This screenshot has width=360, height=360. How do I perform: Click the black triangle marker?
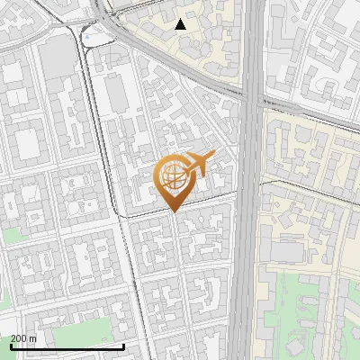[181, 24]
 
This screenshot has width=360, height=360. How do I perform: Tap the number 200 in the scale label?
[19, 338]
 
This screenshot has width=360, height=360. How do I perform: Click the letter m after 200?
[32, 338]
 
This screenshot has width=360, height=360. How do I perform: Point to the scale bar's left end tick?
[11, 346]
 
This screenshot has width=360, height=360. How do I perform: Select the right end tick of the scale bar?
[124, 346]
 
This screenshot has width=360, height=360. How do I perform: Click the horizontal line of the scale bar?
[67, 346]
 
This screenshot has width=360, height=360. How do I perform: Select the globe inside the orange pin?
[173, 176]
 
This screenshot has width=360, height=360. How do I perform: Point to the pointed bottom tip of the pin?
[173, 212]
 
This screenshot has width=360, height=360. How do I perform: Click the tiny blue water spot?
[93, 37]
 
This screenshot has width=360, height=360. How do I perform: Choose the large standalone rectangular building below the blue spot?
[116, 90]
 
